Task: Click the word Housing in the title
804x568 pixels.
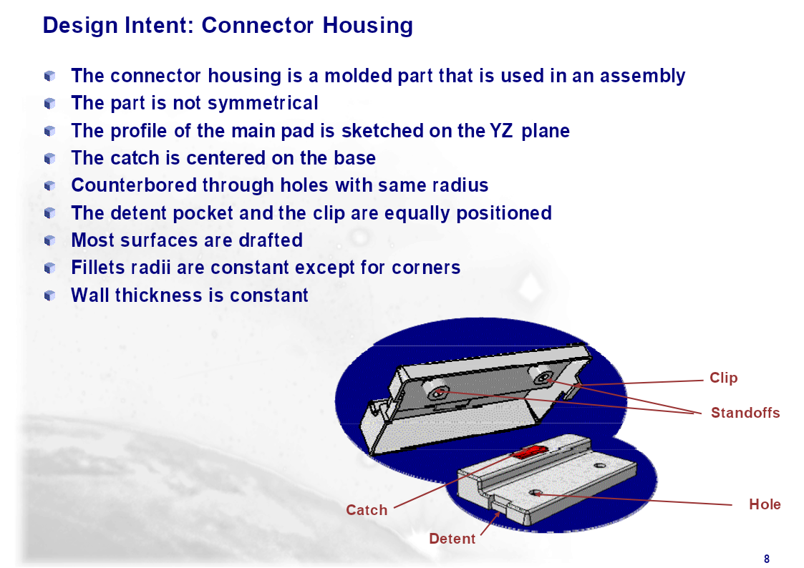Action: tap(368, 26)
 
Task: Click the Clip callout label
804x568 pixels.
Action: tap(724, 378)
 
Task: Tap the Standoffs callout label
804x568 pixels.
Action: tap(745, 413)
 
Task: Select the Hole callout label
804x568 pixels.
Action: tap(765, 504)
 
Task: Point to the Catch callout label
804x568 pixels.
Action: tap(367, 510)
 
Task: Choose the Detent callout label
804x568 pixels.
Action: tap(452, 539)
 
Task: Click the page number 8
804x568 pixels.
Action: tap(767, 559)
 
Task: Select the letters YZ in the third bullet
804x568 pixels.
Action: tap(501, 131)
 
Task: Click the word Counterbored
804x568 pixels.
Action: tap(134, 185)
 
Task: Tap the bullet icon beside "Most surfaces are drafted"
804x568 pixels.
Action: tap(49, 240)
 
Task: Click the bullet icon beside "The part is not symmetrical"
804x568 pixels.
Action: tap(49, 104)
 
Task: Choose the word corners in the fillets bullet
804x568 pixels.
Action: tap(426, 268)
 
